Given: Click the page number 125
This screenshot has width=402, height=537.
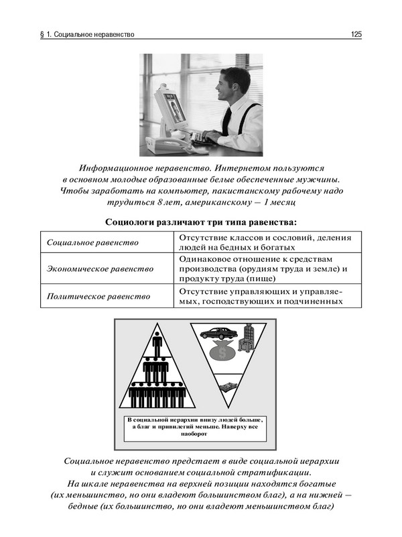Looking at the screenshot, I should click(356, 34).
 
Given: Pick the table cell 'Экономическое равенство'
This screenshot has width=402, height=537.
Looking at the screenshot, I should click(100, 268).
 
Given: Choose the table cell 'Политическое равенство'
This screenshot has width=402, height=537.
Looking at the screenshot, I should click(98, 295).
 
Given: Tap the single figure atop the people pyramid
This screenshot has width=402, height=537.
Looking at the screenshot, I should click(158, 342).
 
